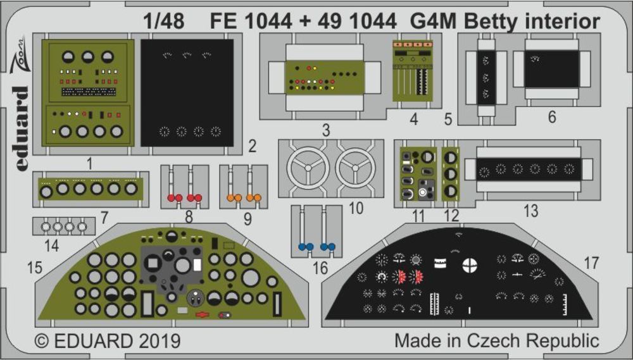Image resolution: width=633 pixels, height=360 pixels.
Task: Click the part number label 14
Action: click(53, 245)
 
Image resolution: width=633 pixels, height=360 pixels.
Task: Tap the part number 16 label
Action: click(321, 268)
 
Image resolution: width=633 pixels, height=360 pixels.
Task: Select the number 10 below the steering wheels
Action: click(356, 208)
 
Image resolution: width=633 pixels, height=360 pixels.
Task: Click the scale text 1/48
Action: click(164, 22)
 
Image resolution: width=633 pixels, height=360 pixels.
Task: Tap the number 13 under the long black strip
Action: click(530, 211)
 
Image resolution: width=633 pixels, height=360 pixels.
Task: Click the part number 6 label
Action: click(552, 118)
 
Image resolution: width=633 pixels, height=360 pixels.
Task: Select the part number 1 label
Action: click(89, 163)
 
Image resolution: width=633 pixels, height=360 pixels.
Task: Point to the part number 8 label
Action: click(188, 218)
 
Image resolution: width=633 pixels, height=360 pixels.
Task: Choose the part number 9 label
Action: click(247, 218)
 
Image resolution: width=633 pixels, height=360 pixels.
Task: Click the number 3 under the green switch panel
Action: click(325, 131)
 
